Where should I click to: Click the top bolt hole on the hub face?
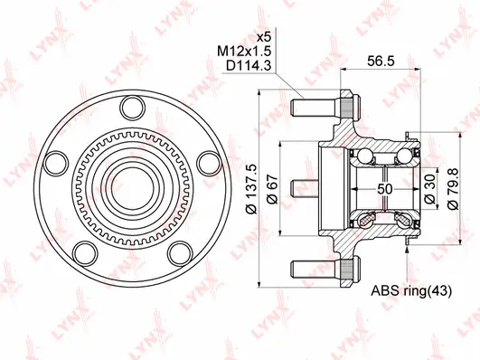click(127, 109)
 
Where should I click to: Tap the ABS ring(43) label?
click(409, 292)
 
